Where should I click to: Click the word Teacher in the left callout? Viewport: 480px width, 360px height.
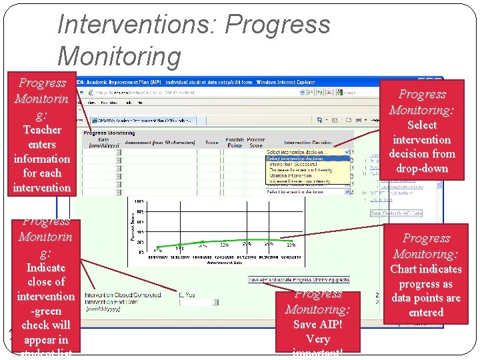[41, 130]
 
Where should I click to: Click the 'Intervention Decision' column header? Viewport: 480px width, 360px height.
[307, 143]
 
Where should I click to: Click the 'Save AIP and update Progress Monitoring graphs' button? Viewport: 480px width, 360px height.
[298, 279]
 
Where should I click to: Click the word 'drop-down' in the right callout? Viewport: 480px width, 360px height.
[421, 169]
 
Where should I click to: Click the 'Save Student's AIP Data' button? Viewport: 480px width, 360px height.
[396, 213]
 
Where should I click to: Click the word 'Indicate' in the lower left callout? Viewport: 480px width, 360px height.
[45, 268]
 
